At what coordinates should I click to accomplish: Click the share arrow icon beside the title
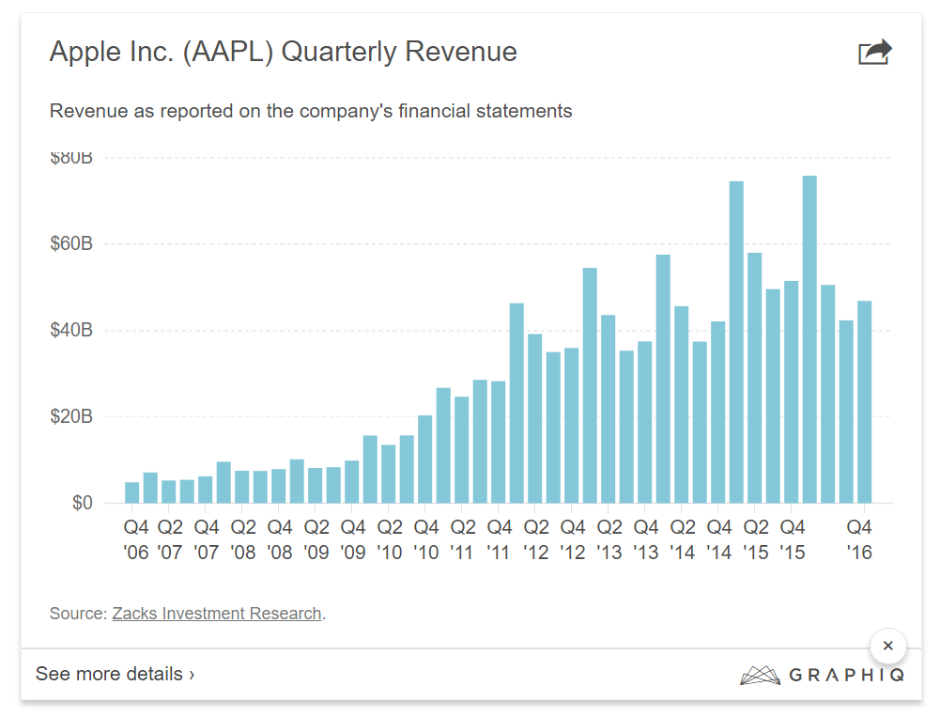click(874, 52)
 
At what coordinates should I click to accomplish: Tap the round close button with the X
click(887, 647)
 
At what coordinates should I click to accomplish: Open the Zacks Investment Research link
click(217, 614)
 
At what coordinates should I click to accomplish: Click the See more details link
click(116, 674)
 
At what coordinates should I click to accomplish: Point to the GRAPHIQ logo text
click(846, 675)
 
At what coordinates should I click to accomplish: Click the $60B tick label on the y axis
click(70, 244)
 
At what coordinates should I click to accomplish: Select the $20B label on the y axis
click(70, 416)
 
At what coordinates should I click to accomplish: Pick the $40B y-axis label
click(70, 331)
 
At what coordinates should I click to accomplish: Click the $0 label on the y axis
click(83, 503)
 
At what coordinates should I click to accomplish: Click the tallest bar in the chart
click(809, 339)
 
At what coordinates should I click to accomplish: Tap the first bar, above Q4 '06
click(132, 492)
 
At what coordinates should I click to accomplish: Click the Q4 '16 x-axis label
click(860, 539)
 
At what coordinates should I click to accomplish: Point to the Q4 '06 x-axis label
click(137, 539)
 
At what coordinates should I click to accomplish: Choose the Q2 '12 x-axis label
click(536, 539)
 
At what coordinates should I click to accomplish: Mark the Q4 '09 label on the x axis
click(353, 539)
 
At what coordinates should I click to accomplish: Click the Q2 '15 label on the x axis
click(756, 539)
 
